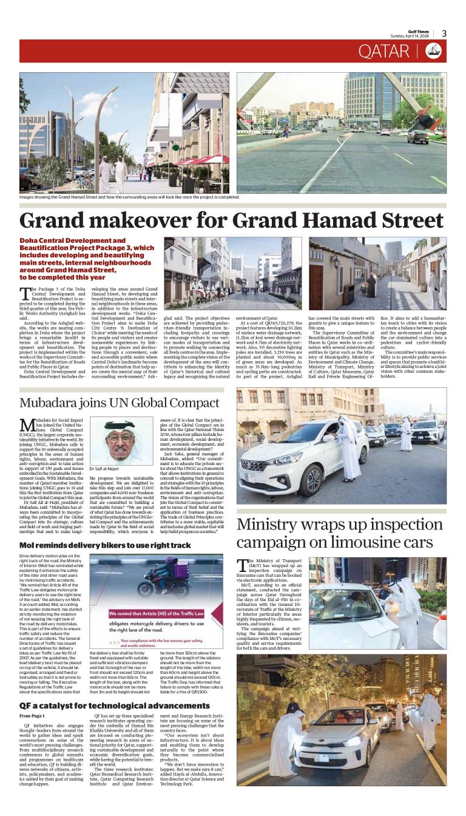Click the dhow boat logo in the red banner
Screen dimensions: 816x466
(x=433, y=52)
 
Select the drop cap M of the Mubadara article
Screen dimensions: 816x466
(x=27, y=425)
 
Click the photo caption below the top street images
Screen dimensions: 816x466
(x=129, y=197)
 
